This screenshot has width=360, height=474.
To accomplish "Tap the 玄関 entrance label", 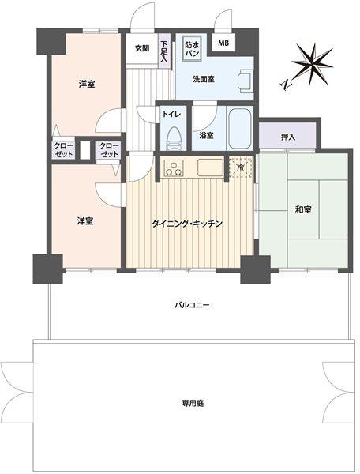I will tap(141, 49).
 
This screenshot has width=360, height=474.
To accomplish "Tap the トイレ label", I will tap(172, 114).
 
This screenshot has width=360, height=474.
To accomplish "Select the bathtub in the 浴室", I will tap(238, 130).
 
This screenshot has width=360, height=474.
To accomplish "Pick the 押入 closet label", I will tap(287, 137).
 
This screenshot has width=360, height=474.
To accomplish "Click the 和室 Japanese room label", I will tap(304, 209).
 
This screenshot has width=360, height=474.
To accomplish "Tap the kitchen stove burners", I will tap(174, 167).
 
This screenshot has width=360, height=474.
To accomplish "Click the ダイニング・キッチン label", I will tap(187, 224).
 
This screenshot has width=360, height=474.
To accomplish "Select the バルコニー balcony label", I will tap(192, 303).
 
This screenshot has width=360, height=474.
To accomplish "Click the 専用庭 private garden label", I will tap(193, 403).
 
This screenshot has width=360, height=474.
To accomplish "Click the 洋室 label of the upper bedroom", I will tap(86, 84).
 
